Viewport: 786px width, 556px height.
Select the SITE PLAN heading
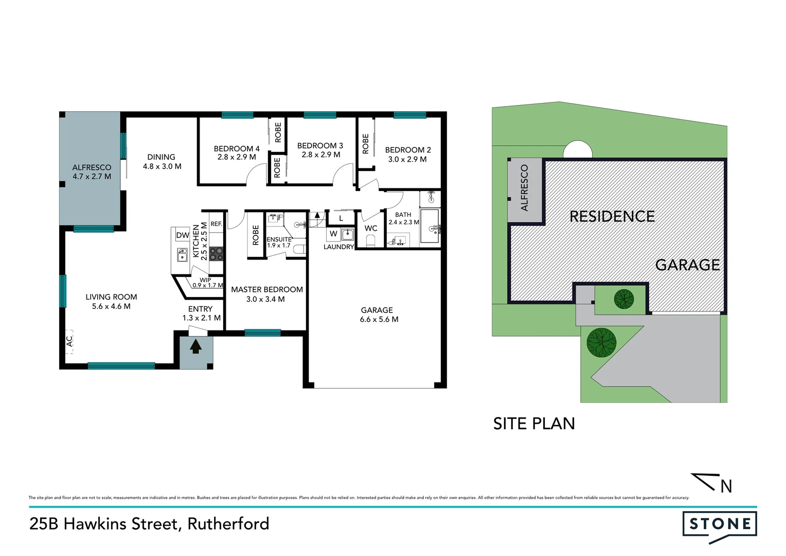[534, 424]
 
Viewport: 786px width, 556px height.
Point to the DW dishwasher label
[183, 235]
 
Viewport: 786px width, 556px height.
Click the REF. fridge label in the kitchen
[217, 224]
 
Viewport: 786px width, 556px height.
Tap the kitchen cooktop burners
[217, 253]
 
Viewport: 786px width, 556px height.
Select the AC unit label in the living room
[69, 341]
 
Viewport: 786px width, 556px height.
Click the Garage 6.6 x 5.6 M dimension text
[379, 319]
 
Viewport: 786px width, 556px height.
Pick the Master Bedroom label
[266, 290]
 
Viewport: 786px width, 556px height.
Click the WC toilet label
[371, 229]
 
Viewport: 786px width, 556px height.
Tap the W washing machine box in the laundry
[333, 234]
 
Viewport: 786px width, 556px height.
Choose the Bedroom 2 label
[408, 150]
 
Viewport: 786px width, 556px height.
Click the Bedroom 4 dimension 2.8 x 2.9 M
[237, 157]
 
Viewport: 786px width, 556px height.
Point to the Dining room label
[161, 157]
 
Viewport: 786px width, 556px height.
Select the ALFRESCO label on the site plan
[525, 188]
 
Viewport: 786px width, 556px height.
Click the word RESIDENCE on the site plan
[612, 216]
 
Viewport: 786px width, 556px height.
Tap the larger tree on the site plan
[601, 342]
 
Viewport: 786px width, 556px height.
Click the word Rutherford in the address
[228, 524]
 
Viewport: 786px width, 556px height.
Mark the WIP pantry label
[205, 280]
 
